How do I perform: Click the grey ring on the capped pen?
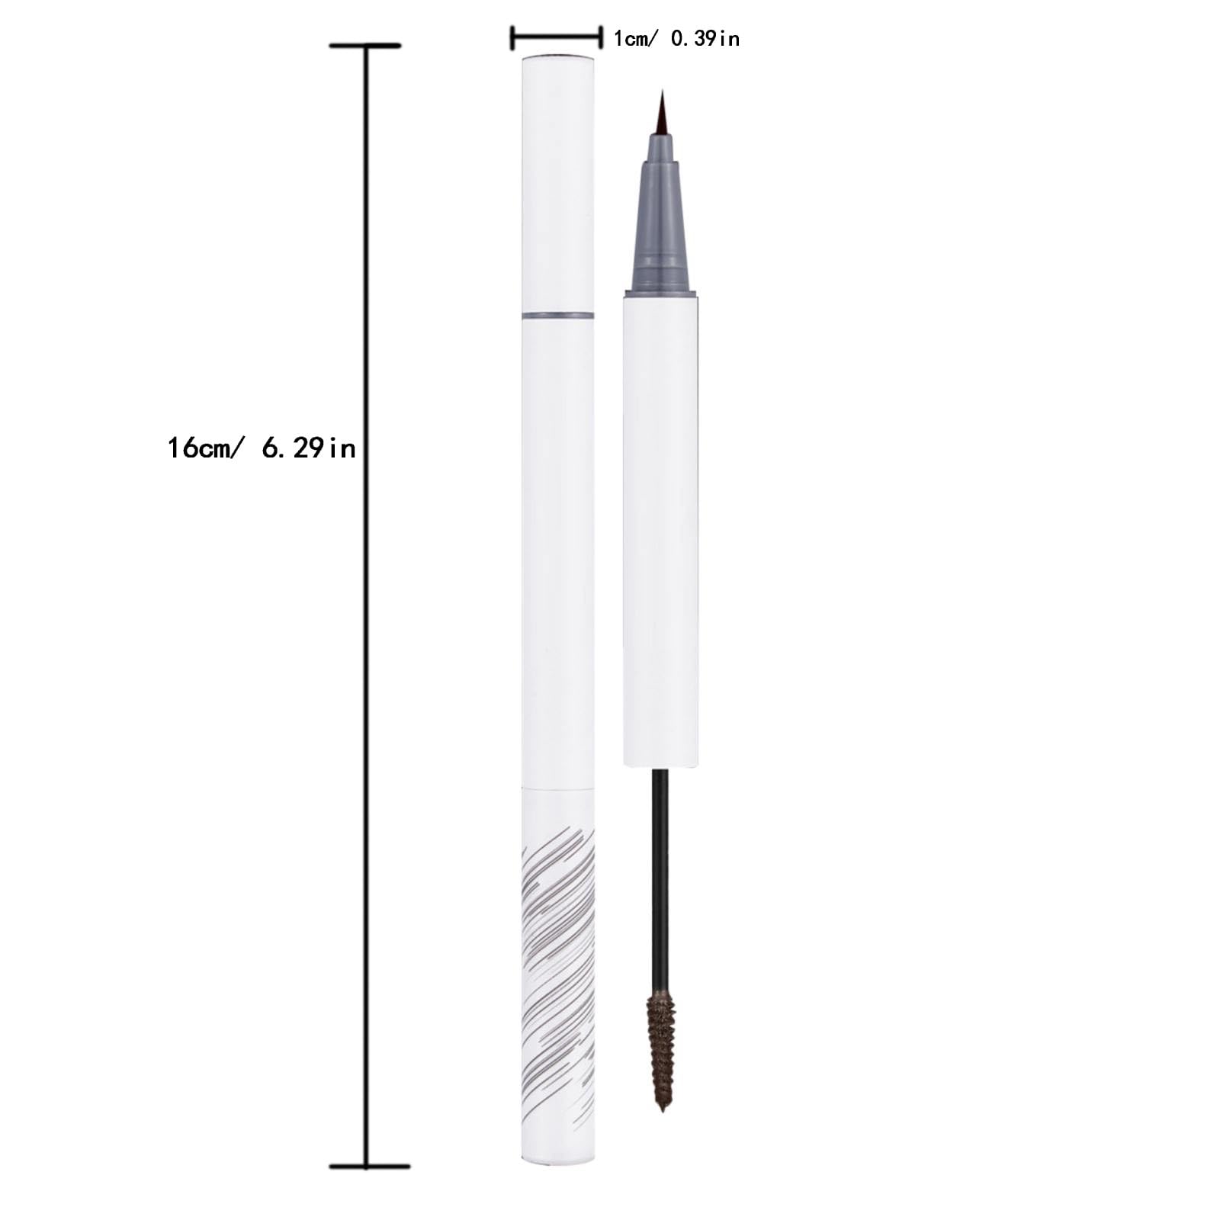(x=558, y=315)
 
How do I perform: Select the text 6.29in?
(x=309, y=448)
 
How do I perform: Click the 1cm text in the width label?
(x=631, y=38)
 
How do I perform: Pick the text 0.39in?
(x=705, y=38)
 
